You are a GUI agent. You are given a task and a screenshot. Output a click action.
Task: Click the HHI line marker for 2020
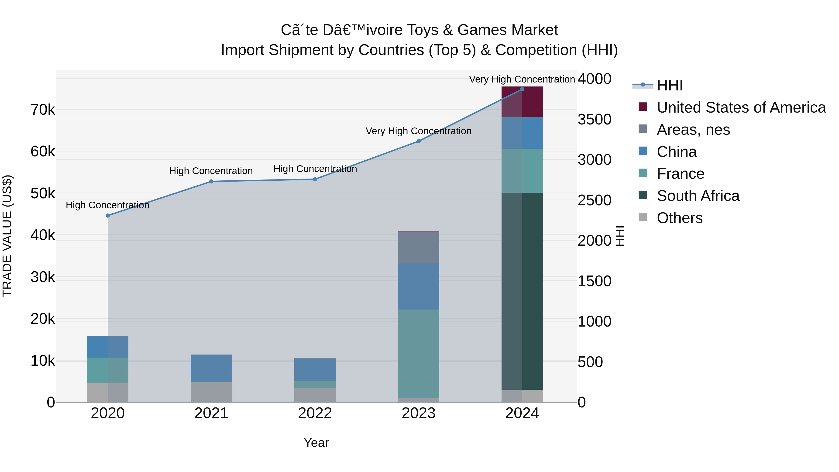(x=108, y=216)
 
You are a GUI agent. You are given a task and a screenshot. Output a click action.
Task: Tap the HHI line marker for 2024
(x=522, y=89)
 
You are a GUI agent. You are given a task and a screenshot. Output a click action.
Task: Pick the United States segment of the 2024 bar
(x=522, y=102)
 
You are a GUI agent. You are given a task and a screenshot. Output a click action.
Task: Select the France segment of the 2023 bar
(x=419, y=353)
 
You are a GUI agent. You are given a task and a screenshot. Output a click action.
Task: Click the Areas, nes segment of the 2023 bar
(x=419, y=248)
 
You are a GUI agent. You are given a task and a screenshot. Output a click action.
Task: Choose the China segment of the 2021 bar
(x=211, y=368)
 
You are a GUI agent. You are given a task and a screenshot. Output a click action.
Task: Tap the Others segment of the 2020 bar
(x=108, y=393)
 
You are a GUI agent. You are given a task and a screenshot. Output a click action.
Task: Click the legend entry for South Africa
(x=698, y=196)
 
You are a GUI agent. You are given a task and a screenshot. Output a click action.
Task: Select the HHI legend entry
(x=670, y=85)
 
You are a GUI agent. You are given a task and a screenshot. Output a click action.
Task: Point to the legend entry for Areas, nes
(x=693, y=130)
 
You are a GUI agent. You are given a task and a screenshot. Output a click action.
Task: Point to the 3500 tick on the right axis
(x=594, y=119)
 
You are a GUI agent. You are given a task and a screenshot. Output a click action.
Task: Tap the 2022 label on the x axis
(x=315, y=413)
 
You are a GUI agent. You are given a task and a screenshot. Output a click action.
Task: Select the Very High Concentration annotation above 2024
(x=522, y=79)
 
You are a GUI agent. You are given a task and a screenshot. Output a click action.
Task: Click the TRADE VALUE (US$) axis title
(x=7, y=236)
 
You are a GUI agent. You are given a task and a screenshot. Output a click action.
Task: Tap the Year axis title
(x=316, y=443)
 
